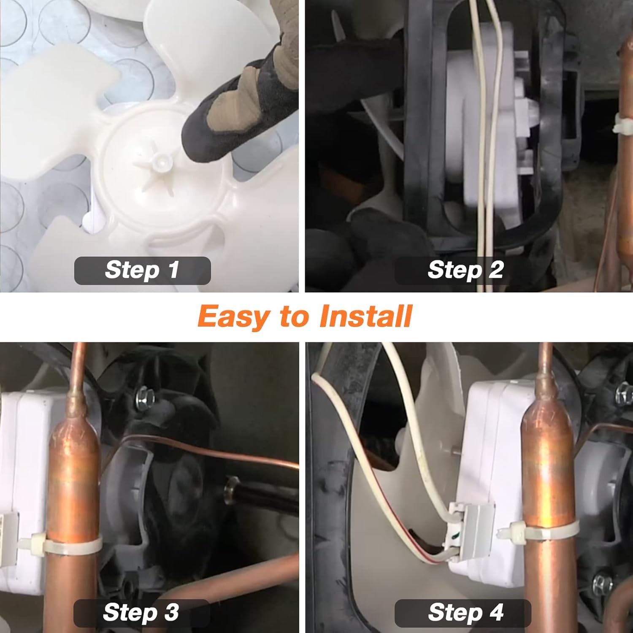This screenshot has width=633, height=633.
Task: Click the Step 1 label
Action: (142, 270)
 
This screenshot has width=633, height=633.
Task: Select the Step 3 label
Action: (141, 613)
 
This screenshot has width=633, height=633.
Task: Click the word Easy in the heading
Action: (235, 317)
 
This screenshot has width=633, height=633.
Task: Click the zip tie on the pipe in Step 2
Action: (623, 124)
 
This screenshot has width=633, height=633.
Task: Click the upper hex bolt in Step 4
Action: (624, 397)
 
